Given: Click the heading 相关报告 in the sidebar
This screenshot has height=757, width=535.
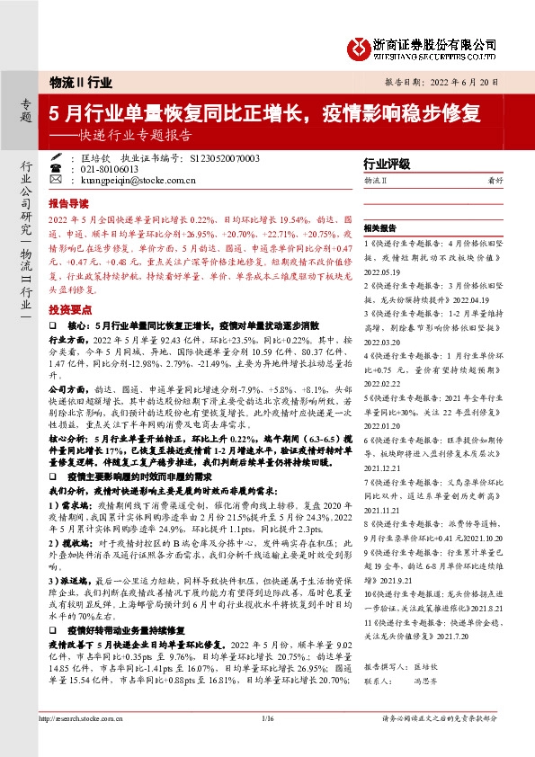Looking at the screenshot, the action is coord(381,228).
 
